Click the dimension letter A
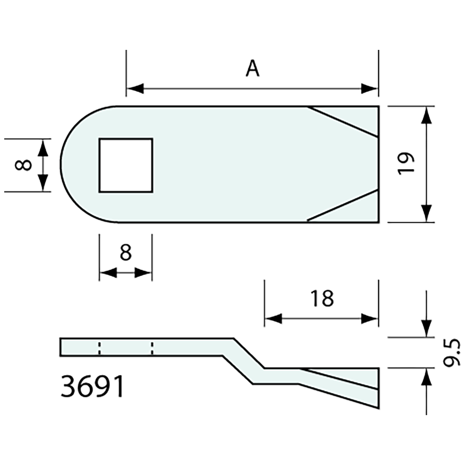[x=252, y=68]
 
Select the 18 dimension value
[x=322, y=298]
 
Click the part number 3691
[x=93, y=387]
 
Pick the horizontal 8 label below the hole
[x=125, y=253]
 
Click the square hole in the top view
[x=126, y=165]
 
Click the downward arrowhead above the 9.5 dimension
[x=427, y=328]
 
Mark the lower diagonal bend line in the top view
[x=342, y=205]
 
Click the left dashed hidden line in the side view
[x=99, y=347]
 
